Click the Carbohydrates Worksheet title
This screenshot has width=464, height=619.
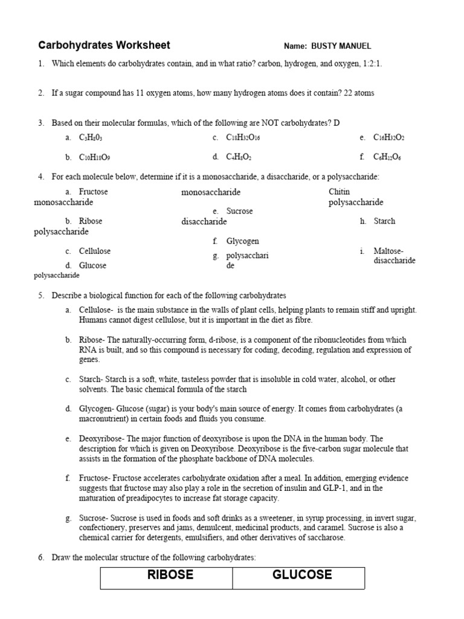[x=104, y=45]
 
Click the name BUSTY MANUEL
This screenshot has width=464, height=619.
[x=341, y=46]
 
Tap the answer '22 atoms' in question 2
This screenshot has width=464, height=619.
[x=359, y=93]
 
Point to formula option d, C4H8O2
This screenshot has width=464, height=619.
[x=239, y=157]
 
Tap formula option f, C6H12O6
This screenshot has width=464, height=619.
[x=387, y=157]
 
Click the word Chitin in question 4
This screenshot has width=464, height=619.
[x=339, y=192]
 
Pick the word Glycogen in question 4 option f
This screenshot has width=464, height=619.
[x=242, y=241]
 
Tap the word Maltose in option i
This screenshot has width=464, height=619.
[x=388, y=251]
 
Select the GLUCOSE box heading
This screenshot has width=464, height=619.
[x=302, y=575]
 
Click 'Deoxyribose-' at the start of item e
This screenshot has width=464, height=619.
[x=101, y=438]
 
